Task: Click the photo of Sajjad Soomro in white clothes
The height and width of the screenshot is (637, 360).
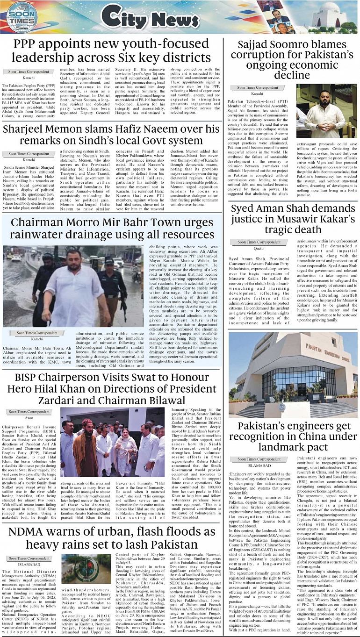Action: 326,111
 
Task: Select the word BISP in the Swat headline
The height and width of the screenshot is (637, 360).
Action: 30,377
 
